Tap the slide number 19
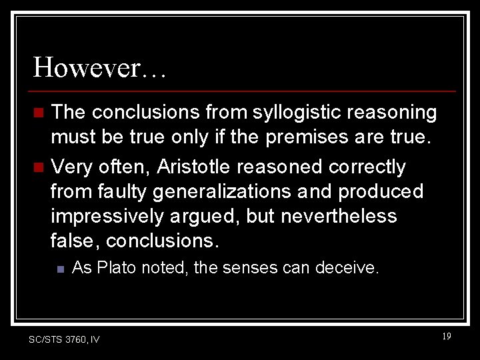(446, 337)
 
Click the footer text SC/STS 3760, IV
(65, 340)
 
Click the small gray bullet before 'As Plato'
(60, 269)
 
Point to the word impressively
(109, 217)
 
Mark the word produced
(381, 192)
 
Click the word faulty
(123, 192)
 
